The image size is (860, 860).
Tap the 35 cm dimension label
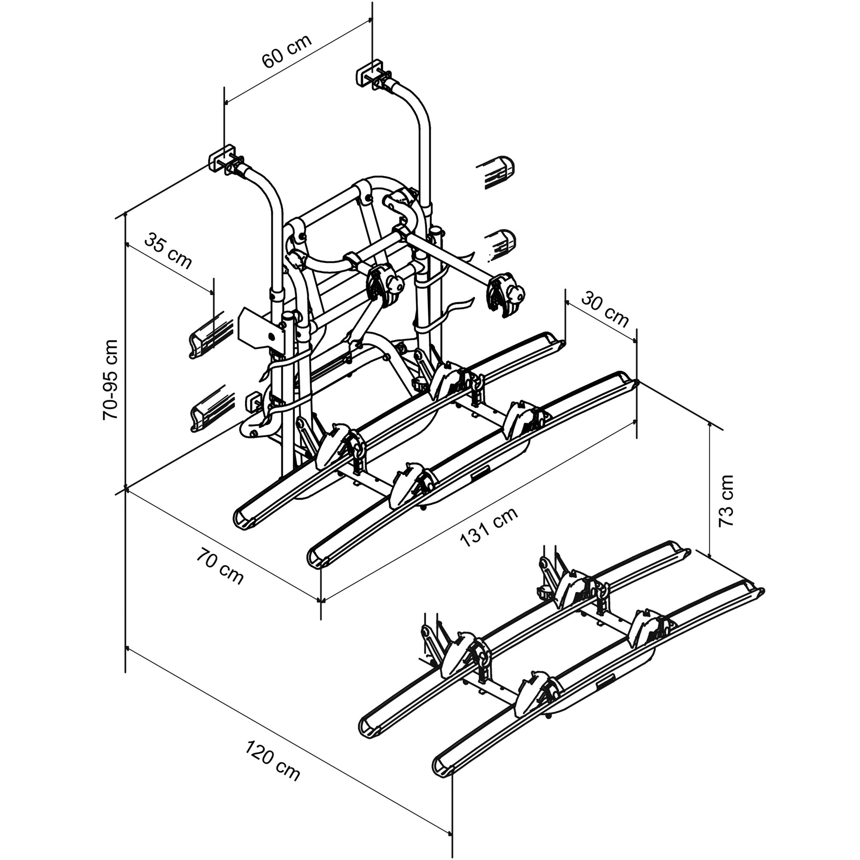tap(168, 251)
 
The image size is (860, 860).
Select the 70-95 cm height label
tap(110, 380)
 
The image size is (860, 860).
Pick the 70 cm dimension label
tap(220, 567)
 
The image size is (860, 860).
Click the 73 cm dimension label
tap(725, 501)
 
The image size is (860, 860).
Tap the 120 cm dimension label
tap(273, 761)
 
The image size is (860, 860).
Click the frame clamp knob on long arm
tap(516, 292)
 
